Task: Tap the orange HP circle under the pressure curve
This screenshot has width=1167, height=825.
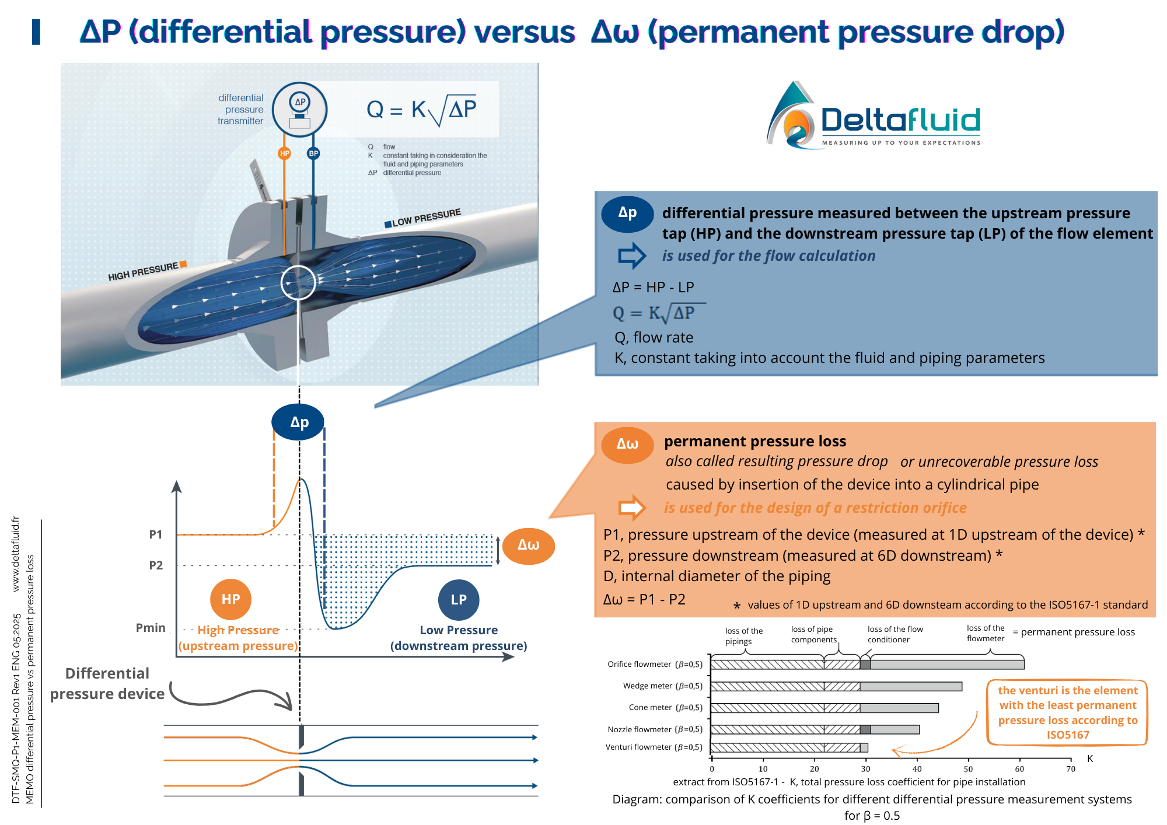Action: point(230,599)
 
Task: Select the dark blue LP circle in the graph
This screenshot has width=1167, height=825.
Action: point(459,600)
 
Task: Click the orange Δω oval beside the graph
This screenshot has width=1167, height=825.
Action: point(528,546)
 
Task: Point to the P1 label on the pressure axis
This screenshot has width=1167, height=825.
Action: point(155,534)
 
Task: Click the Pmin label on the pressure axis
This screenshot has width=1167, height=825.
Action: point(151,628)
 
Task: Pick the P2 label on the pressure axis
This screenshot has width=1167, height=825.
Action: point(155,565)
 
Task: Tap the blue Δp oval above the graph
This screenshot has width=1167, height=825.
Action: point(298,422)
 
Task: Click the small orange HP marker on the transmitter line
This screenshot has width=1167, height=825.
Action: point(284,153)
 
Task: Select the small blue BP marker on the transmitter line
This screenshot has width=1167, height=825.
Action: point(313,153)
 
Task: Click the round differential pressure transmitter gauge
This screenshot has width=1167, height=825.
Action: point(299,110)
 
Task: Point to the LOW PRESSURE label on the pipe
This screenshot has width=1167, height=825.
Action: point(426,218)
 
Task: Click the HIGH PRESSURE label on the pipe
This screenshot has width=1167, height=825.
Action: point(144,271)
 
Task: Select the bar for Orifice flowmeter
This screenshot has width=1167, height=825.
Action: point(867,665)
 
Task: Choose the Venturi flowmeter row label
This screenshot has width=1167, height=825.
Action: point(654,747)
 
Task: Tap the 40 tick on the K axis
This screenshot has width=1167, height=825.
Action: point(917,768)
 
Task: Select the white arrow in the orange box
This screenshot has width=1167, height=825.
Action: point(631,508)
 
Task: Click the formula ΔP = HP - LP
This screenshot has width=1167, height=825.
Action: point(653,287)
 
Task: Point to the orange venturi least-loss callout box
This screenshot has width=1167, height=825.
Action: point(1067,712)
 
